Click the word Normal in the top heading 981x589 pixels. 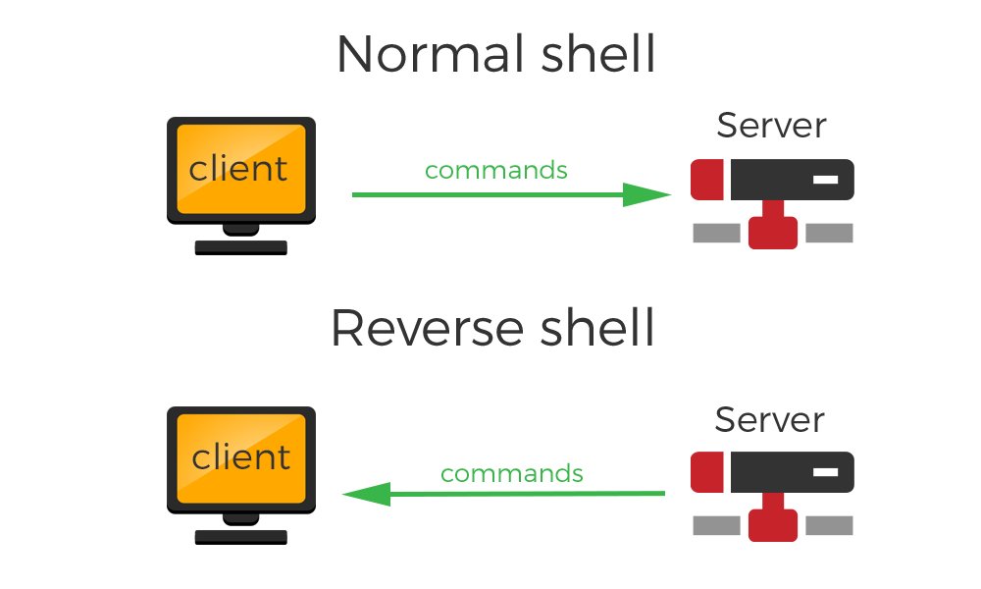(431, 54)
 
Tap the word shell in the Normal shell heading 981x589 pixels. (598, 53)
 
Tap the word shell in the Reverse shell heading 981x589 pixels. (596, 327)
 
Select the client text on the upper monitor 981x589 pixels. (237, 169)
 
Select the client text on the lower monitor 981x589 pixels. (241, 456)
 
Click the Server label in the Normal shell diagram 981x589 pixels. (771, 126)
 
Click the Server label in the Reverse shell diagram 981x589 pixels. (769, 419)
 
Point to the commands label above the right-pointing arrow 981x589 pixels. (496, 170)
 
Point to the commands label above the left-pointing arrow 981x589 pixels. (512, 473)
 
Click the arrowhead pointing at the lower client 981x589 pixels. (367, 495)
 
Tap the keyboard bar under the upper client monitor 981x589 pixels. (241, 247)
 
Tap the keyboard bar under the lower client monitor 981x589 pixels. (241, 537)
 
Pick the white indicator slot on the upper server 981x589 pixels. (825, 180)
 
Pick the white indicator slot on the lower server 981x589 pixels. (825, 472)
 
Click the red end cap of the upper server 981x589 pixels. (707, 180)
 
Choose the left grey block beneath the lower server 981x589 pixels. (717, 526)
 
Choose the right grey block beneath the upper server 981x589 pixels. (829, 233)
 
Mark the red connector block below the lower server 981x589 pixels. (773, 524)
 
